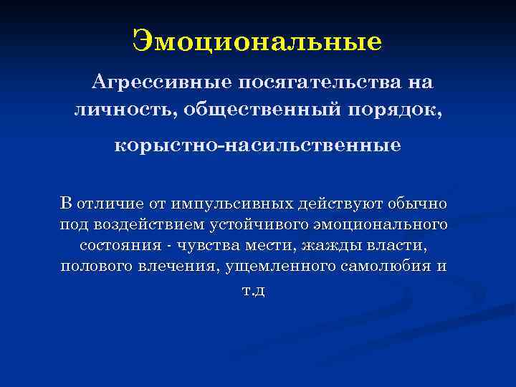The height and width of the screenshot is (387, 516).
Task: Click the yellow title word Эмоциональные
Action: point(257,41)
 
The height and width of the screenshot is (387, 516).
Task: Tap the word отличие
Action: point(109,204)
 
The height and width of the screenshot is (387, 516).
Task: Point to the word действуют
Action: point(331,204)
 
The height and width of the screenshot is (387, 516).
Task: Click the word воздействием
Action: point(152,225)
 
